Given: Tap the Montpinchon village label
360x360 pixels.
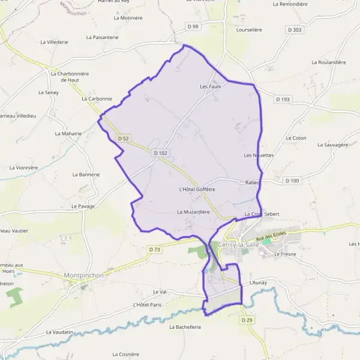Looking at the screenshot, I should point(83,275).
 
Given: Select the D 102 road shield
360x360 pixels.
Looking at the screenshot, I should point(160,153).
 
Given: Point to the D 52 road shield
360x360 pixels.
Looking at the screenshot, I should point(124,139).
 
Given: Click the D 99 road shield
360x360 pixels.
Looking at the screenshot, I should point(192,26).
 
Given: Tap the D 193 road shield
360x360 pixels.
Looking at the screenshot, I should point(283,99).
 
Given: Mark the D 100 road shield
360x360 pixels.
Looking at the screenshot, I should point(292,181).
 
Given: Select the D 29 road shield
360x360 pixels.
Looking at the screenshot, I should point(247,321).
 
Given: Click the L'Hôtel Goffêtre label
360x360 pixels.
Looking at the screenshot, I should point(197,190).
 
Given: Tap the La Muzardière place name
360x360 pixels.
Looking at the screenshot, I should point(193,212).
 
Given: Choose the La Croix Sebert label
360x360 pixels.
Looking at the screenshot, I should point(262,214).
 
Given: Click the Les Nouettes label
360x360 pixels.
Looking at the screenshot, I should point(259,155).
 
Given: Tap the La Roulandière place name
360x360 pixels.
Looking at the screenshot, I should point(329,62).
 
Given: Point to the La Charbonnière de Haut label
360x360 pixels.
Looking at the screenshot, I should point(70,76).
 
